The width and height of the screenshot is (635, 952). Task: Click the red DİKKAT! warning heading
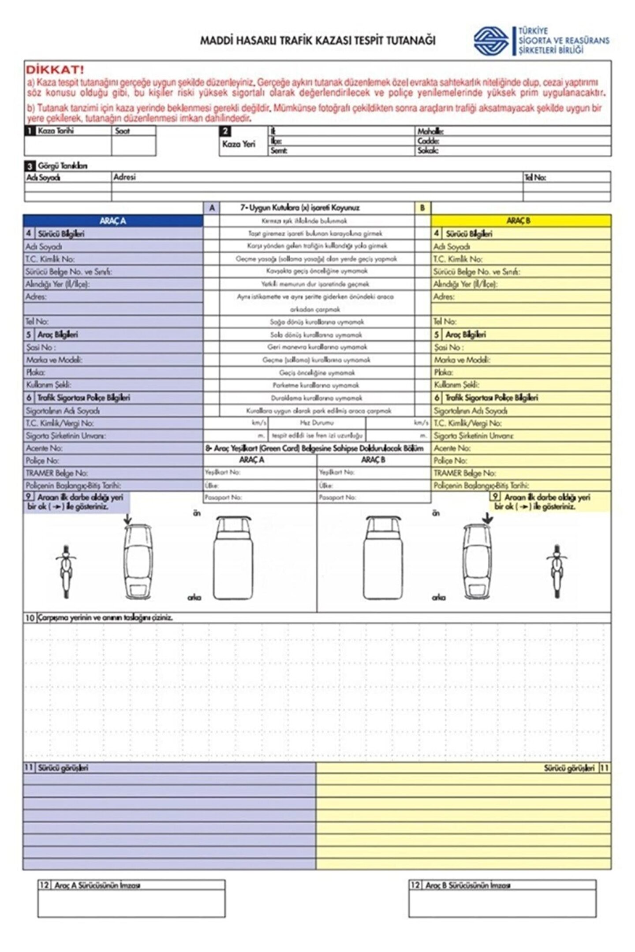(x=55, y=70)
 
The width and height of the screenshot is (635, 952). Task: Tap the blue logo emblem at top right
(x=491, y=41)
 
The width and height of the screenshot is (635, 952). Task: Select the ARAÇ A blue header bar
(x=113, y=221)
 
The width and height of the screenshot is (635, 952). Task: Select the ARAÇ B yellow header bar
(x=520, y=221)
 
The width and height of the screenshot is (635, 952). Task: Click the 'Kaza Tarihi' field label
(x=56, y=131)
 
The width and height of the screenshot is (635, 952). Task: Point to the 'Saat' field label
(x=123, y=131)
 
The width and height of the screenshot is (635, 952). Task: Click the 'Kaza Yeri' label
(x=239, y=144)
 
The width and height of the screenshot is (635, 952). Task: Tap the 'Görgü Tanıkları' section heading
(x=62, y=166)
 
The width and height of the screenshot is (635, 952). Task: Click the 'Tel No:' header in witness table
(x=535, y=177)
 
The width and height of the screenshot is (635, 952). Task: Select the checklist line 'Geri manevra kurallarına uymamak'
(x=317, y=347)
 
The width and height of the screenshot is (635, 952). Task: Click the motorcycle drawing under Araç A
(x=66, y=571)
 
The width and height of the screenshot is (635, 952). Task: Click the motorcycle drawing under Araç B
(x=557, y=571)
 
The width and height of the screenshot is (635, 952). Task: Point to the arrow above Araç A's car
(x=127, y=519)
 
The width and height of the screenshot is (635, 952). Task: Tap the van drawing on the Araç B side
(x=383, y=558)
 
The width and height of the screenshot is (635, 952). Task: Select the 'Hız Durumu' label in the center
(x=317, y=423)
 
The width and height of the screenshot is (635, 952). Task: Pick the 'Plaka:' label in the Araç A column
(x=35, y=372)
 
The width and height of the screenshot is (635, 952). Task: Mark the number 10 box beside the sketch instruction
(x=30, y=618)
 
